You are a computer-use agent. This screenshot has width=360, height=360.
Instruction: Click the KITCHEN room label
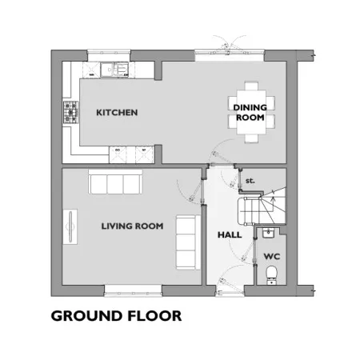[117, 113]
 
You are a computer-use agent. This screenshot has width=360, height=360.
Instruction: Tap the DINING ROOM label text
[250, 112]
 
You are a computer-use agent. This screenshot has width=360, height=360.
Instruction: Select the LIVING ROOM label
[132, 226]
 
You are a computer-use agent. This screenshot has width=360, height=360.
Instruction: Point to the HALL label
[230, 235]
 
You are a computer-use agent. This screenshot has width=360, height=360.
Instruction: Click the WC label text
[272, 257]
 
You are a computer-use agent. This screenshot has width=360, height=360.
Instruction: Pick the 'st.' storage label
[250, 181]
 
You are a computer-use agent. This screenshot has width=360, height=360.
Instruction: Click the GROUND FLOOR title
[116, 316]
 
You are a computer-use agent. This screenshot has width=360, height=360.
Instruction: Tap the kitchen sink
[114, 70]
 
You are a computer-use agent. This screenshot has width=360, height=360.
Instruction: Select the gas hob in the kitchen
[71, 112]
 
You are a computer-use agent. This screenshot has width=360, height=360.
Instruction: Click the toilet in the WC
[272, 274]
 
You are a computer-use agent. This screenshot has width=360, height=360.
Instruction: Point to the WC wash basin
[267, 233]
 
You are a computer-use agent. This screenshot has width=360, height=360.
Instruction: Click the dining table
[251, 112]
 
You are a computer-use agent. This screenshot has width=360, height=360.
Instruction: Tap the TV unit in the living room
[70, 227]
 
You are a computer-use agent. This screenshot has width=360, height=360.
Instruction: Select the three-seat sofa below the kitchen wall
[115, 182]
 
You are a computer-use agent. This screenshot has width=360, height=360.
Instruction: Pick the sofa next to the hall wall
[188, 242]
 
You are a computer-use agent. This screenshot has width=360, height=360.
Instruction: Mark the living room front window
[133, 290]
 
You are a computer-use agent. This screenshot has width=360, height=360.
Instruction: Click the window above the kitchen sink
[109, 55]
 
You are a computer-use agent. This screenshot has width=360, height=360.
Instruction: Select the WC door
[246, 250]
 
